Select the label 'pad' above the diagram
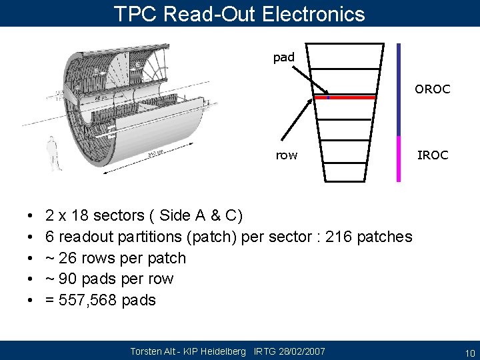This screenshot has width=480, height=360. pos(283,58)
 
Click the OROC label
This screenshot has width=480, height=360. pos(432,89)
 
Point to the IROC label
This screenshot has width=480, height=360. pos(433,155)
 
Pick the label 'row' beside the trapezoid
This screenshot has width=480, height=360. pos(287,155)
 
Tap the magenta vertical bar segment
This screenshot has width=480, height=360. pos(399,159)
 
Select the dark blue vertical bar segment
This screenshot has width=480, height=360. pos(399,89)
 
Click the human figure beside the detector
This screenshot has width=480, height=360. pos(53,153)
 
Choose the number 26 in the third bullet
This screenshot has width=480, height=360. pos(69,258)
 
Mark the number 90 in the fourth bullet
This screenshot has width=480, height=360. pos(69,279)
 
